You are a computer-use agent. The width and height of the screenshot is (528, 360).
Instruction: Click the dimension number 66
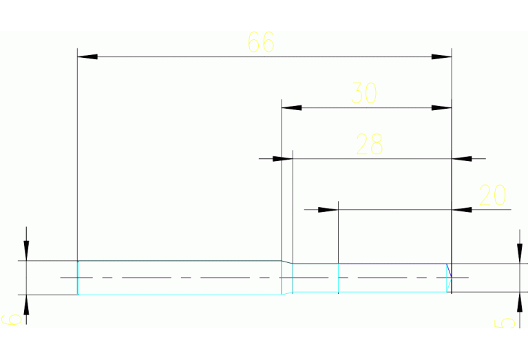(261, 43)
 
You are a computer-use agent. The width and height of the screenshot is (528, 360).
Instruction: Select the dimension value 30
(364, 93)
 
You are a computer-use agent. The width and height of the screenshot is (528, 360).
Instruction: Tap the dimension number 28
(369, 145)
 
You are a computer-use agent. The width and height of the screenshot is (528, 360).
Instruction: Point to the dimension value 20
(492, 196)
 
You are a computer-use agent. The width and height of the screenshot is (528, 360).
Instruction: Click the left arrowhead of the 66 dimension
(87, 56)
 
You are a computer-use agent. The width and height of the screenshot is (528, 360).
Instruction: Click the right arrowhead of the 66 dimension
(441, 56)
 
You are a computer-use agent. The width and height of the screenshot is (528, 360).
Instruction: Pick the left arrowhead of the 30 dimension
(292, 107)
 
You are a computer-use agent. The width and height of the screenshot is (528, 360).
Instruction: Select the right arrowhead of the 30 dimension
(441, 107)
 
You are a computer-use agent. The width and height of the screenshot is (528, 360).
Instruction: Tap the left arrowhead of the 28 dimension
(282, 158)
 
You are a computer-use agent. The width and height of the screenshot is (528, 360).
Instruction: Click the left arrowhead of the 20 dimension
(328, 209)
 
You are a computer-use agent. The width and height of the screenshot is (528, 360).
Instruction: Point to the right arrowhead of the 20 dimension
(463, 209)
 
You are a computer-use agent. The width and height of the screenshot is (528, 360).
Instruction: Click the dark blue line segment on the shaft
(392, 263)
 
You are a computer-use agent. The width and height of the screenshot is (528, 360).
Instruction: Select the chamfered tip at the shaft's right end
(449, 277)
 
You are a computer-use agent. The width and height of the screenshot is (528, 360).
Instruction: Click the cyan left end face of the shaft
(78, 277)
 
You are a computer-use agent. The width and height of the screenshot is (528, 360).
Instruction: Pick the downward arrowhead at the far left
(26, 251)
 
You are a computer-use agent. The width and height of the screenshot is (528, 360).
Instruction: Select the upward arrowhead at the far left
(26, 305)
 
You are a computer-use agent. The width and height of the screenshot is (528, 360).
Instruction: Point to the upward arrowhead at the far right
(518, 302)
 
